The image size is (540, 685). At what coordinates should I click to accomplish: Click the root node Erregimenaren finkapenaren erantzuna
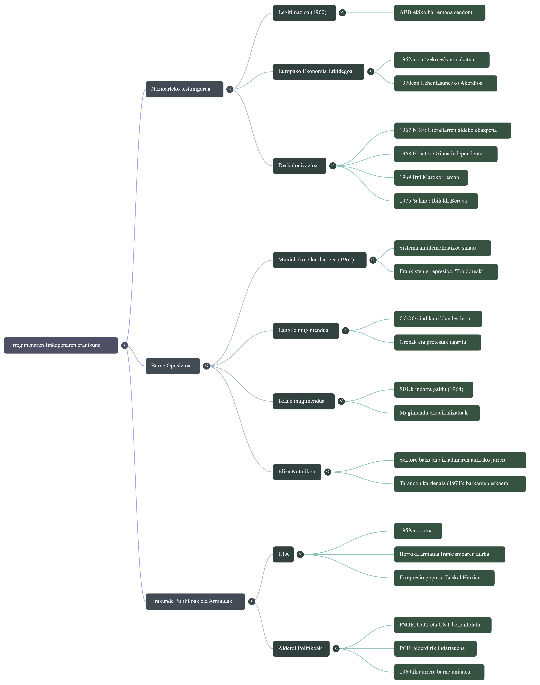(x=61, y=345)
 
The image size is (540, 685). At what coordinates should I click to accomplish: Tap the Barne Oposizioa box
(x=173, y=366)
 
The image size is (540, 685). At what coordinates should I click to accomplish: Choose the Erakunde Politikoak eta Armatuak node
(x=195, y=601)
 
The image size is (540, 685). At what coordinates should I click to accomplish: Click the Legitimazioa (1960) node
(x=304, y=13)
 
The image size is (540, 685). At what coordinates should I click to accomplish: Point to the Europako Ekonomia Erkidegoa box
(x=318, y=72)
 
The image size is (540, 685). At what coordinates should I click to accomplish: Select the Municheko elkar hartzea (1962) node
(x=319, y=260)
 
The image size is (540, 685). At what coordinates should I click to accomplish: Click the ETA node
(x=283, y=554)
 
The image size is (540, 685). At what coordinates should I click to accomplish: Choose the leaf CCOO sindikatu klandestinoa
(x=438, y=319)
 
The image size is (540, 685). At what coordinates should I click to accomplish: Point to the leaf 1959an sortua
(x=418, y=531)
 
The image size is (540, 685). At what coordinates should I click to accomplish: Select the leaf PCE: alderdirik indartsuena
(x=435, y=648)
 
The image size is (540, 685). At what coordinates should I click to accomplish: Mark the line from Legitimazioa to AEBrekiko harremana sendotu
(x=370, y=13)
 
